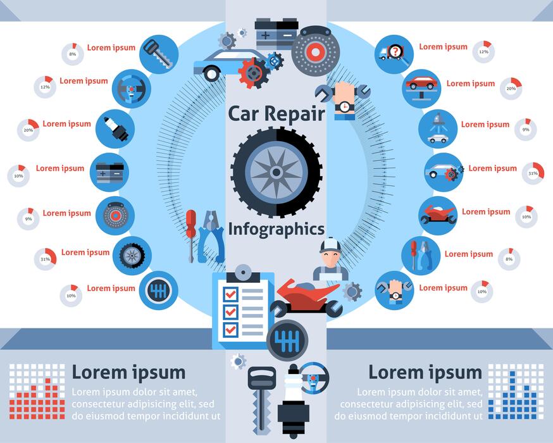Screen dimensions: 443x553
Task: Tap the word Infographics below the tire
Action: [276, 228]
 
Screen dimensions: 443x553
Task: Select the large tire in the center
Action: [276, 172]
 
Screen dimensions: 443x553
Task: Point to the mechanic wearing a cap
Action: [330, 259]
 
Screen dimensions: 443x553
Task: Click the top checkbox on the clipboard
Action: [231, 294]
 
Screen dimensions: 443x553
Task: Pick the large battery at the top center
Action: [276, 33]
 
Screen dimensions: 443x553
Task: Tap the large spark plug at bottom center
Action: [293, 405]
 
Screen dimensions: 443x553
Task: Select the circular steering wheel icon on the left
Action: [131, 89]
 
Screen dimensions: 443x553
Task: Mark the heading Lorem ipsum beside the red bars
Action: [128, 371]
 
